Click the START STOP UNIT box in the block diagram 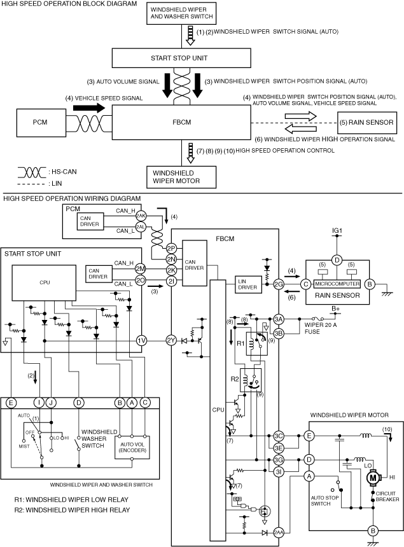pyautogui.click(x=181, y=58)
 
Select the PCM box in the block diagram pyautogui.click(x=41, y=122)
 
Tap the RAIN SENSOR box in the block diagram pyautogui.click(x=367, y=123)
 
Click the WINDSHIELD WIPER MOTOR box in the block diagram pyautogui.click(x=181, y=177)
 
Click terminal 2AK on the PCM pyautogui.click(x=141, y=216)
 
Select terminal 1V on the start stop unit pyautogui.click(x=141, y=340)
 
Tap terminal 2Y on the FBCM pyautogui.click(x=171, y=340)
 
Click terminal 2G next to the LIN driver pyautogui.click(x=279, y=284)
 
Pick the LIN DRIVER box pyautogui.click(x=247, y=284)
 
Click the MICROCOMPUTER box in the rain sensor pyautogui.click(x=337, y=284)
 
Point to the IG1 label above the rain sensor pyautogui.click(x=337, y=231)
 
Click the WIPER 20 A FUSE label pyautogui.click(x=320, y=328)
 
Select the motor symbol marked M pyautogui.click(x=373, y=478)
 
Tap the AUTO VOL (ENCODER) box pyautogui.click(x=132, y=447)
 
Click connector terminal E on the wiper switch pyautogui.click(x=11, y=403)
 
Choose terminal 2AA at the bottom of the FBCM pyautogui.click(x=279, y=533)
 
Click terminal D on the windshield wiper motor pyautogui.click(x=309, y=460)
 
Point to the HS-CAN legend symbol pyautogui.click(x=32, y=172)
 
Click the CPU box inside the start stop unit pyautogui.click(x=44, y=283)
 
